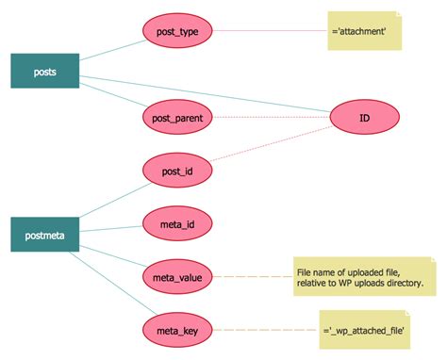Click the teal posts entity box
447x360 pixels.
(45, 71)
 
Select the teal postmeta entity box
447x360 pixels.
(45, 235)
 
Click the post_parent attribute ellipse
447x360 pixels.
(178, 118)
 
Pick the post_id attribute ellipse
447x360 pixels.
(178, 172)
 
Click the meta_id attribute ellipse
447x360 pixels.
(178, 223)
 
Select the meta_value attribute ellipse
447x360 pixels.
(178, 277)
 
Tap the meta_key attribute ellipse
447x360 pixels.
(178, 330)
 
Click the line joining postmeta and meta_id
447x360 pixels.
(111, 229)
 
